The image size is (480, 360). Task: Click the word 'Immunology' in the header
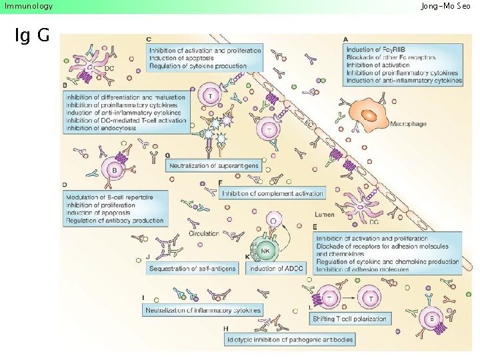(28, 6)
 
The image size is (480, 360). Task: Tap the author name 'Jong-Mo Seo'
(445, 6)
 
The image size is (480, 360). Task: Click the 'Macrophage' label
(409, 124)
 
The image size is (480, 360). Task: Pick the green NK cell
(265, 251)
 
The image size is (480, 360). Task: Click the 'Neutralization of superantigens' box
(214, 165)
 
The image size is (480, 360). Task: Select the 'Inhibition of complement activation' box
(273, 193)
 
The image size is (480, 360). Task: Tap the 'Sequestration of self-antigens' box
(195, 268)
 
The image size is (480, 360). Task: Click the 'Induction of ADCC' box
(272, 268)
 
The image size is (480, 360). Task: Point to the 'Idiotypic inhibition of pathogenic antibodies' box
(289, 339)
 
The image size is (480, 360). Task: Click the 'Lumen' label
(324, 215)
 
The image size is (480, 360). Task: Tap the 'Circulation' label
(204, 234)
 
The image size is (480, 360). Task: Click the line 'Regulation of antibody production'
(115, 221)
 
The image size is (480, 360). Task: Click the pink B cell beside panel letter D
(114, 171)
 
